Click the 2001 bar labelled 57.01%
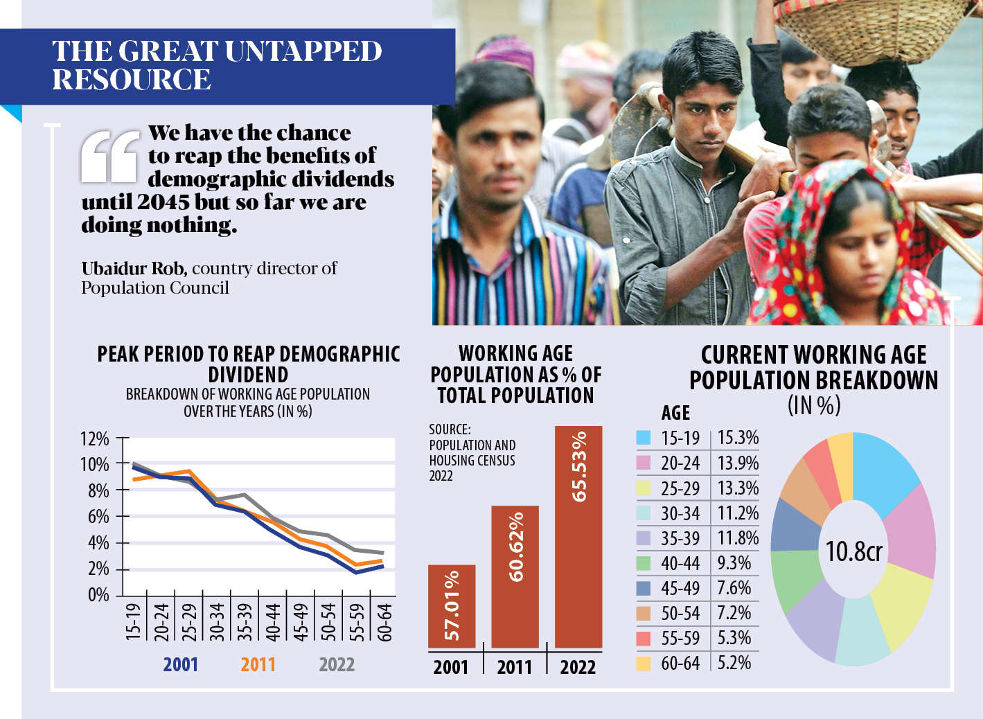pyautogui.click(x=452, y=606)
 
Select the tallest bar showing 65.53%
pyautogui.click(x=578, y=537)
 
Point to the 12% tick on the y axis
pyautogui.click(x=95, y=439)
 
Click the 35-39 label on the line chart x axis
pyautogui.click(x=245, y=621)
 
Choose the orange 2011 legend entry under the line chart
pyautogui.click(x=258, y=665)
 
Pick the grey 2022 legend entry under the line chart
pyautogui.click(x=337, y=665)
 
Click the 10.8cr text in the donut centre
pyautogui.click(x=853, y=551)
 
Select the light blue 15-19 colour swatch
pyautogui.click(x=644, y=438)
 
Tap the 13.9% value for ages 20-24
pyautogui.click(x=738, y=463)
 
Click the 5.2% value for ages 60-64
pyautogui.click(x=734, y=663)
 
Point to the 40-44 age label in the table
pyautogui.click(x=680, y=563)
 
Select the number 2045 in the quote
pyautogui.click(x=163, y=202)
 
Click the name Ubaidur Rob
pyautogui.click(x=134, y=268)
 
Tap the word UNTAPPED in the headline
pyautogui.click(x=303, y=51)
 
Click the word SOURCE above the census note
pyautogui.click(x=450, y=429)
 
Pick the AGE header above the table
pyautogui.click(x=675, y=414)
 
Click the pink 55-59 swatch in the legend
pyautogui.click(x=644, y=638)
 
